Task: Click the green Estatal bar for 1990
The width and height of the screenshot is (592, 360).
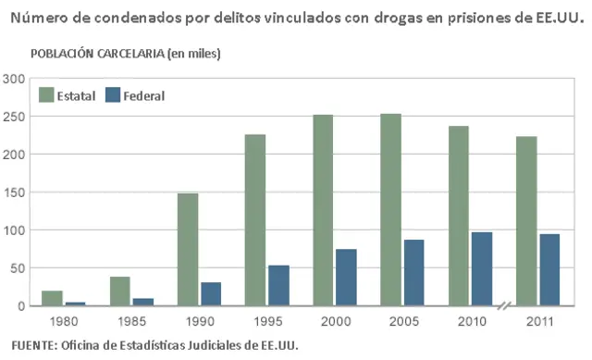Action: coord(188,249)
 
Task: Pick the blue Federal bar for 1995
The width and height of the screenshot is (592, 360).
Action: coord(278,285)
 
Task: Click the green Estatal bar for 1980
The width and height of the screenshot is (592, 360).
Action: coord(53,298)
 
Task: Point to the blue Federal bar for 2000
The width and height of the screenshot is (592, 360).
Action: coord(346,277)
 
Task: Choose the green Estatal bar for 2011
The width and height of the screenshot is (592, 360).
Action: coord(525,220)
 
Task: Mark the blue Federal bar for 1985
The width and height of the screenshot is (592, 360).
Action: coord(143,302)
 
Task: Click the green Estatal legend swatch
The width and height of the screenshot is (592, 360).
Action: coord(46,94)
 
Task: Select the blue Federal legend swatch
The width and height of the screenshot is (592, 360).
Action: coord(113,94)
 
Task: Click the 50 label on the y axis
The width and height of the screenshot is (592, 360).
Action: coord(17,268)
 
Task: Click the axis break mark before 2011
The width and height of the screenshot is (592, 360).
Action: coord(505,306)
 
